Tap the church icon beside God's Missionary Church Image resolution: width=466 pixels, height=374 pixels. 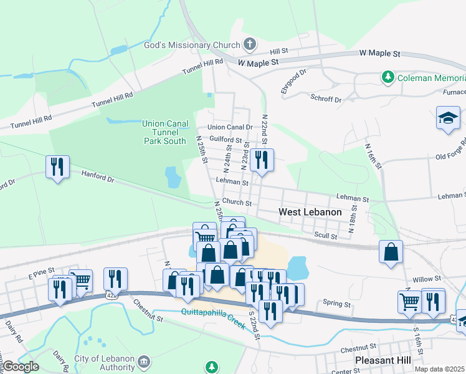[x=249, y=44]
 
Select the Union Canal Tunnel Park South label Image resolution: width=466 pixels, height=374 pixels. [x=164, y=132]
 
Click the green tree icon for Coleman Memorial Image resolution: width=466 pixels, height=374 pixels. [x=388, y=78]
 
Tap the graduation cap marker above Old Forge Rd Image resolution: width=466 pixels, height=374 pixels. [x=448, y=119]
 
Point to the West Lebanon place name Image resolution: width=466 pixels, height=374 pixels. [x=310, y=212]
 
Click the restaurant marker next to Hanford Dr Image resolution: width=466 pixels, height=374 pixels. [x=57, y=167]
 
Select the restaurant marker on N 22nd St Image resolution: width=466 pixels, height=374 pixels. [x=262, y=161]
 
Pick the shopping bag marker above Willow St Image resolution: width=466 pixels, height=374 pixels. [x=391, y=252]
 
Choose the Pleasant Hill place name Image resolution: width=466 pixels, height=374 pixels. [x=381, y=361]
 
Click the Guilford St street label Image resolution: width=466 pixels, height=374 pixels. [x=225, y=138]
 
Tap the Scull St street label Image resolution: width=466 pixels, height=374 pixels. [x=325, y=236]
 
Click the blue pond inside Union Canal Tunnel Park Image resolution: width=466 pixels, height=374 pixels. [x=173, y=177]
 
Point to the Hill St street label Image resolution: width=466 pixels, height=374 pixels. [x=279, y=50]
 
